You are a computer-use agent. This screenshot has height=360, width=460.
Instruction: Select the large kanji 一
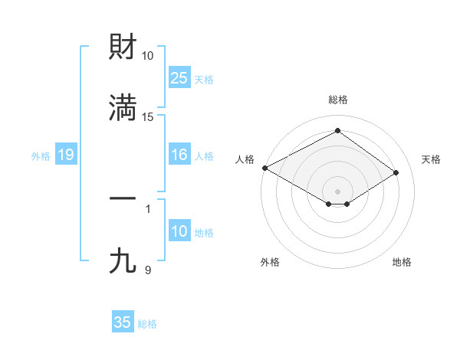[123, 198]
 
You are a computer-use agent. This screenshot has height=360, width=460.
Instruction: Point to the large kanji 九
[123, 261]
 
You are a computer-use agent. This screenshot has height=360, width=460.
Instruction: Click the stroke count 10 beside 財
[148, 56]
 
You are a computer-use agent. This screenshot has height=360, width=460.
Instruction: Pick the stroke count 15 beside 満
[148, 116]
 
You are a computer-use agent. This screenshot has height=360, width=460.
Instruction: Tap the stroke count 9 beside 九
[148, 270]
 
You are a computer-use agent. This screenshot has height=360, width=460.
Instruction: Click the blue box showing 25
[179, 78]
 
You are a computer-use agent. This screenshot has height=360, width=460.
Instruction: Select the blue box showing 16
[179, 155]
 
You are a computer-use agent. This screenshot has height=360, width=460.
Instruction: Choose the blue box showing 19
[66, 155]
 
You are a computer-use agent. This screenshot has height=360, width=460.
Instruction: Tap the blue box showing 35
[123, 322]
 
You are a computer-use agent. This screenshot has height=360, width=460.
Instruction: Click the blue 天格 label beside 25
[204, 79]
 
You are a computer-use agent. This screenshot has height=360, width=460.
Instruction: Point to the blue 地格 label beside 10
[204, 233]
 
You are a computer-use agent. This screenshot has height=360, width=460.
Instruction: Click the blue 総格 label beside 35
[147, 323]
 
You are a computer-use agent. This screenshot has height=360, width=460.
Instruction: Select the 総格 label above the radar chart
[337, 100]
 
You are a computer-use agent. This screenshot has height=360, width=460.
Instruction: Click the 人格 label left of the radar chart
[245, 159]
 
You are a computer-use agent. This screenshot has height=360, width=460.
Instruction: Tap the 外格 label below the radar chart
[270, 262]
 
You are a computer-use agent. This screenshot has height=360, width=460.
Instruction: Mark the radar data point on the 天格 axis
[396, 172]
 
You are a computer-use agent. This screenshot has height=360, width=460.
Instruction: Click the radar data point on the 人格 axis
[264, 168]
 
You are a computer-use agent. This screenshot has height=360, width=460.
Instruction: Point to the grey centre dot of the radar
[337, 191]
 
